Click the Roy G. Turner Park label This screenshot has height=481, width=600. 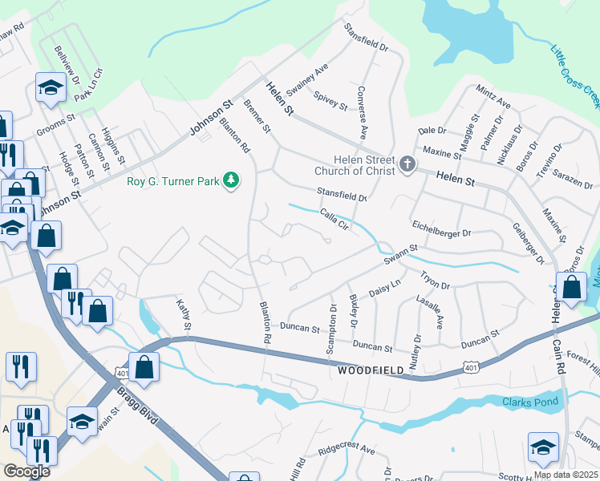tap(172, 181)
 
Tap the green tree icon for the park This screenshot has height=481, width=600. tap(232, 180)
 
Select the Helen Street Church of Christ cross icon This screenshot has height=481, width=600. tap(407, 165)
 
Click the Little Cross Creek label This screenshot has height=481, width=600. tap(574, 77)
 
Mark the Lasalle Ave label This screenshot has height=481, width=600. tap(439, 310)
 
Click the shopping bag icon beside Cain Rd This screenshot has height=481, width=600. tap(573, 289)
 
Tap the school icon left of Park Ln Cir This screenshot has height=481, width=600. tap(51, 89)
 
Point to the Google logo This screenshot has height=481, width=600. tap(26, 471)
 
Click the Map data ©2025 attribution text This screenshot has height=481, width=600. tap(566, 475)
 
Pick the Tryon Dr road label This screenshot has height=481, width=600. tap(436, 281)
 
